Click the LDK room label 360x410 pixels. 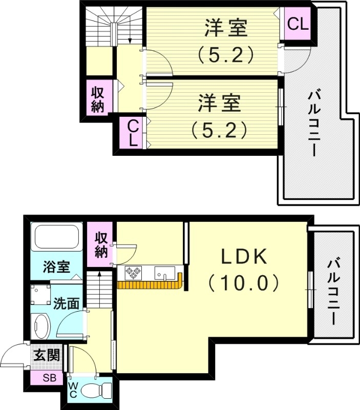click(244, 256)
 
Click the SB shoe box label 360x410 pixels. click(50, 379)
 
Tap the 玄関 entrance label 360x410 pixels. click(47, 354)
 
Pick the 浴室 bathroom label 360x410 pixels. click(55, 267)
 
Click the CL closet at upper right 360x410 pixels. click(298, 24)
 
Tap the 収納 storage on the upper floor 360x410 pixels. click(98, 99)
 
